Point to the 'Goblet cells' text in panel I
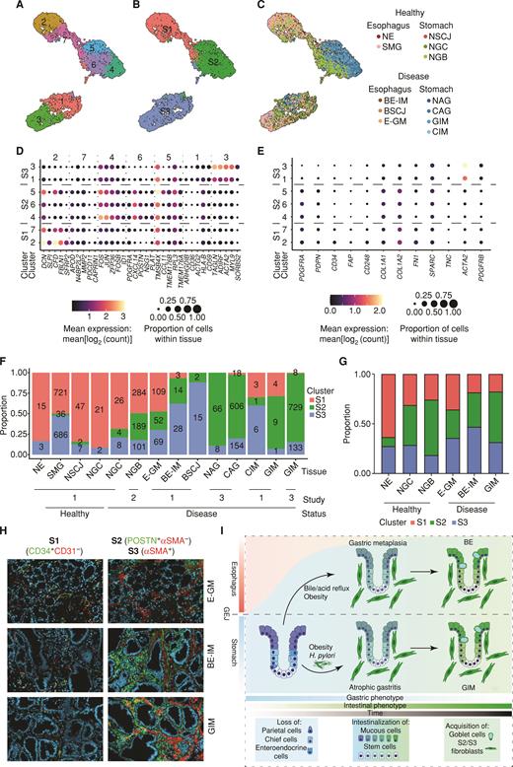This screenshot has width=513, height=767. click(468, 742)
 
